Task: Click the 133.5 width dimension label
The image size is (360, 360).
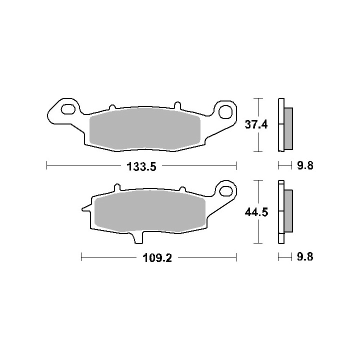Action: coord(141,166)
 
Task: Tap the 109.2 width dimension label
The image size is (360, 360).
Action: coord(157,258)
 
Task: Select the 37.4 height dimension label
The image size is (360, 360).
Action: coord(256,124)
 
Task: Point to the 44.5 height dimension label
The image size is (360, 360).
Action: coord(256,212)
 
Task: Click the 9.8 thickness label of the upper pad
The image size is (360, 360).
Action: coord(305,165)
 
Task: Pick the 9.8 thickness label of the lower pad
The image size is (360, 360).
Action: coord(305,256)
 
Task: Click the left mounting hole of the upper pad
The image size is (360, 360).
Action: coord(68,109)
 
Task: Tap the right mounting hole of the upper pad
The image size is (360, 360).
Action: coord(225,112)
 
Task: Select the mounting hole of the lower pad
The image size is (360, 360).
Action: coord(226,190)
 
